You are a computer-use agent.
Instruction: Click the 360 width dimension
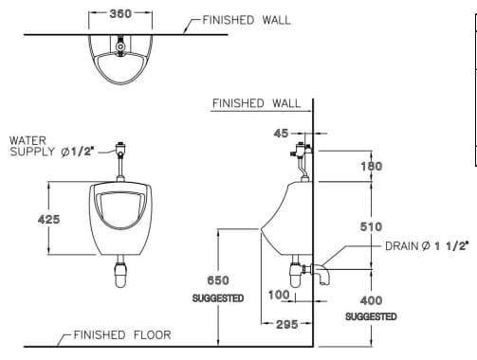[119, 15]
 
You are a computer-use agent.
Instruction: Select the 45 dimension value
[281, 134]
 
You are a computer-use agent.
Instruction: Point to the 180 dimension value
[372, 166]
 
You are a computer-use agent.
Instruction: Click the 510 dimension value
[372, 226]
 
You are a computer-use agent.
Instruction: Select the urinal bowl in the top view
[119, 59]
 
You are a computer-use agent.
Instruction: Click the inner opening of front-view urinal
[120, 211]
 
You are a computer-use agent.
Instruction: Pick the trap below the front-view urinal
[120, 274]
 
